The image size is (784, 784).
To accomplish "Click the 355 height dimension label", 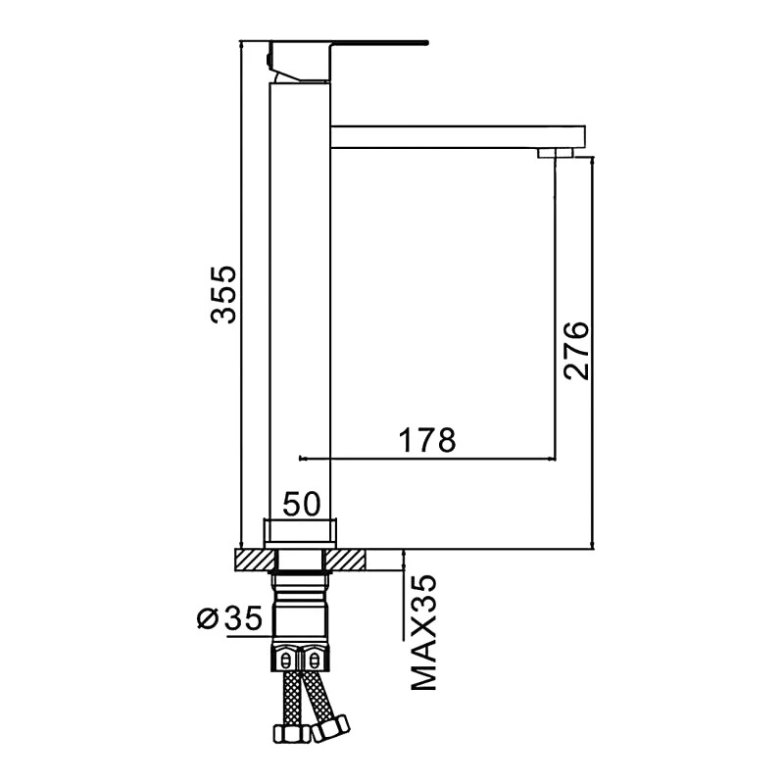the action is pos(223,295).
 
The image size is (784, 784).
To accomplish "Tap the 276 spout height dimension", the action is pos(576,351).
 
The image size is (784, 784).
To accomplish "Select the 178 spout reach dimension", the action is pos(427,440).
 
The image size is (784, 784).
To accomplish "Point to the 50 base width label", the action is pos(302,504).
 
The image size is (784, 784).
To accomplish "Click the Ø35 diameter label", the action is pos(229,618).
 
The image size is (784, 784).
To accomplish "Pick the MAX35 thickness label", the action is pos(424,632).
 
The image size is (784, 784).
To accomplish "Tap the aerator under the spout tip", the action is pos(556,153).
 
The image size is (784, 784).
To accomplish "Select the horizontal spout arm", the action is pos(458,137).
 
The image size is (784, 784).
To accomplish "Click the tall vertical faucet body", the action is pos(300,300).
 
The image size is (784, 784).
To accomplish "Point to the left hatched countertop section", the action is pos(255,559).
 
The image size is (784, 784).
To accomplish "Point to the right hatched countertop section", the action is pos(346,559).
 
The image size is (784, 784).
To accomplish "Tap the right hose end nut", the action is pos(330,729).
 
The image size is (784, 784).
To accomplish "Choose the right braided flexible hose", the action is pos(318,696).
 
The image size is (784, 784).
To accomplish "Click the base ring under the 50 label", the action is pos(300,534).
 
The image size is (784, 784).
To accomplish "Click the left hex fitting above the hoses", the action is pos(285,660).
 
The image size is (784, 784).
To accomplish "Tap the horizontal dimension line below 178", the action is pos(427,458).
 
